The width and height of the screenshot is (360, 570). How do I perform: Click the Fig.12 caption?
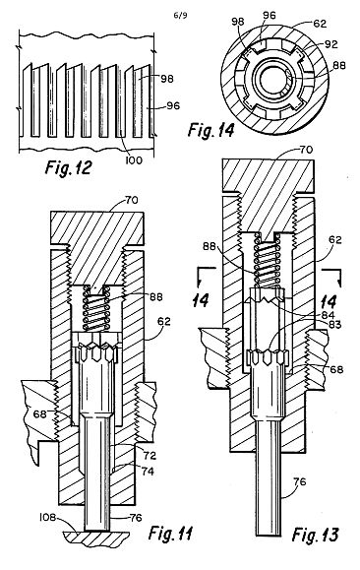[68, 168]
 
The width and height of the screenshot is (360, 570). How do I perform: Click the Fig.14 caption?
[211, 130]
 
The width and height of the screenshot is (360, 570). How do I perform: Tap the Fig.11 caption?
[170, 534]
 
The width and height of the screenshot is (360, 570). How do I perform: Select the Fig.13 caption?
[316, 535]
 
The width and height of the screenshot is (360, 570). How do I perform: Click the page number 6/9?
[181, 16]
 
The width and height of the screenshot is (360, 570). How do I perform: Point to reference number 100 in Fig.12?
[134, 159]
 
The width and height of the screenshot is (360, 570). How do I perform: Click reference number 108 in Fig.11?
[47, 517]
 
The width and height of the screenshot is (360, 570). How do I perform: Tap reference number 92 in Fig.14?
[330, 44]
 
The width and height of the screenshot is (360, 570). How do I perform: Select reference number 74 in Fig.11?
[148, 472]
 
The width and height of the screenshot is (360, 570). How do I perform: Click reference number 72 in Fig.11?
[150, 456]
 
